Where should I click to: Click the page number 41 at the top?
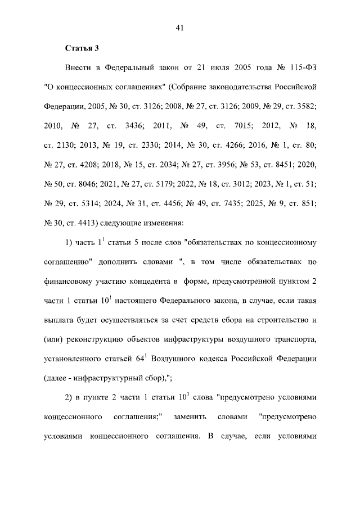pos(180,28)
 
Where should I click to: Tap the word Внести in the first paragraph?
pos(79,68)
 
